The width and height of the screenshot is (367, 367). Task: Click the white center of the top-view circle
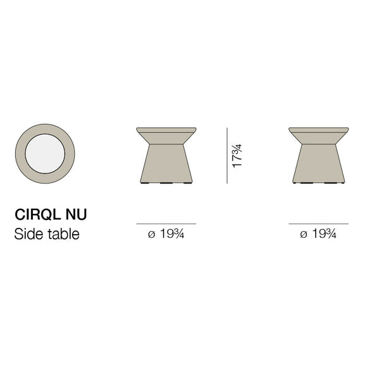tap(45, 155)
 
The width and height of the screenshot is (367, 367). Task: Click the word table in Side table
tap(64, 234)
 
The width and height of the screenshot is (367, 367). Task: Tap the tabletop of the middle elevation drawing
tap(166, 135)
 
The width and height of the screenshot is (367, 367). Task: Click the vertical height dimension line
tap(227, 155)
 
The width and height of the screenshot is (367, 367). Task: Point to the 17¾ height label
tap(237, 155)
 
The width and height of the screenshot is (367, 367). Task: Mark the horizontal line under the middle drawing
tap(166, 224)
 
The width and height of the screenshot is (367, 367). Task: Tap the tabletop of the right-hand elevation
tap(318, 135)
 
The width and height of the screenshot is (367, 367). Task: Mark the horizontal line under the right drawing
tap(318, 224)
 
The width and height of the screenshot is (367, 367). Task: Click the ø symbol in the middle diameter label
tap(151, 235)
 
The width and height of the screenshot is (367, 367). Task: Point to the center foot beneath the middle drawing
tap(166, 183)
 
